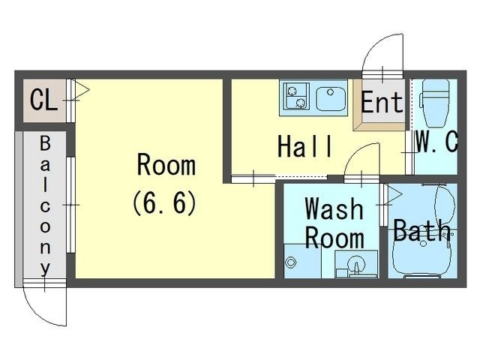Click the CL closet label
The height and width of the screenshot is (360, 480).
43,100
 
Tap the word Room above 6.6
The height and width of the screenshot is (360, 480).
165,164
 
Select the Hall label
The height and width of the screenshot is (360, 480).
304,146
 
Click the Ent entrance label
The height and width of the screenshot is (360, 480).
382,103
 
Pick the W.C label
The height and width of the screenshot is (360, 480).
436,142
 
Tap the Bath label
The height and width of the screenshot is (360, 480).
421,230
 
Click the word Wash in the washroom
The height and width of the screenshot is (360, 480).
334,208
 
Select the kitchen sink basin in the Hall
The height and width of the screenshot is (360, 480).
328,97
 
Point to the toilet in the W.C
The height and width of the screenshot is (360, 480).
433,104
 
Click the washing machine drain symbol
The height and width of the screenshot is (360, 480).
291,262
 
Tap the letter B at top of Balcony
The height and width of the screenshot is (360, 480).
44,142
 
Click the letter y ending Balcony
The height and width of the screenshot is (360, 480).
46,266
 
